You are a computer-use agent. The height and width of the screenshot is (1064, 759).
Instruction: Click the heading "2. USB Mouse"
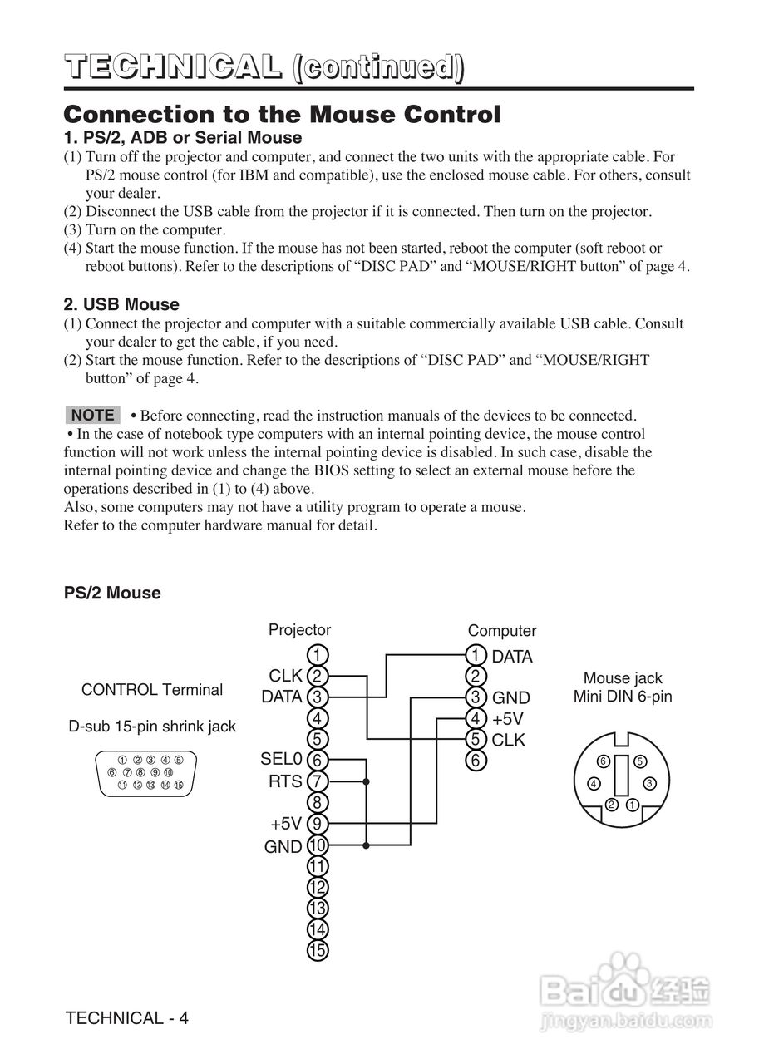121,304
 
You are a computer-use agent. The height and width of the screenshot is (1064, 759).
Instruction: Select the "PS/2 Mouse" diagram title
112,593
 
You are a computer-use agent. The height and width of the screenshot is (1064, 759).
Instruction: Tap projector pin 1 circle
318,654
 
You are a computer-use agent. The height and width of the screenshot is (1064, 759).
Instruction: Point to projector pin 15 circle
318,951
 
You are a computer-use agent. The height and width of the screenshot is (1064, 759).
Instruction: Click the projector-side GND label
283,847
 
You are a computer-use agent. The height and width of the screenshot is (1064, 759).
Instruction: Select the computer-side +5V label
507,718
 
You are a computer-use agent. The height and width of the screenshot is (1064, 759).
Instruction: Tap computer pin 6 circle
475,760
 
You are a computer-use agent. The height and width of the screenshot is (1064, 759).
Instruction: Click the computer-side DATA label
511,657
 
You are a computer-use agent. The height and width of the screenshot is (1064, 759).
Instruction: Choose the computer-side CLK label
509,740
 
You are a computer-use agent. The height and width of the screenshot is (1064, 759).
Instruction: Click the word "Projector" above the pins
299,630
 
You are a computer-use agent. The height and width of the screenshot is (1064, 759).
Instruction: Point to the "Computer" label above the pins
502,631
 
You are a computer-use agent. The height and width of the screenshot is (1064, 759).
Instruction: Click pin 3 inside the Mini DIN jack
650,782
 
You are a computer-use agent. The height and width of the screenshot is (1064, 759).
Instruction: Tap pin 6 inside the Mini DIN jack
605,761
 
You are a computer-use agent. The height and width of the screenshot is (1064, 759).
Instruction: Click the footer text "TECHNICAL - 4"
127,1018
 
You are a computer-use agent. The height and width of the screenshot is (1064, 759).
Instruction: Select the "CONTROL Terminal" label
152,690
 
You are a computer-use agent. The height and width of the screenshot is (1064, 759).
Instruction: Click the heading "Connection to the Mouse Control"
283,114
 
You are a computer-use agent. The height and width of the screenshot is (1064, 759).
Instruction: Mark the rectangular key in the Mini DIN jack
622,775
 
